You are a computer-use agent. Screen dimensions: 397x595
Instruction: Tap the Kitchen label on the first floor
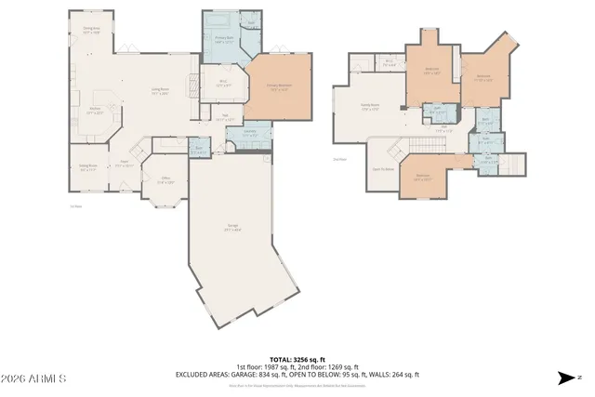click(x=95, y=111)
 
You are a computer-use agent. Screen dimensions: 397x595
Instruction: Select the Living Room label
click(x=160, y=91)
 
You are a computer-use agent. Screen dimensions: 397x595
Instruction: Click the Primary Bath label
click(x=224, y=40)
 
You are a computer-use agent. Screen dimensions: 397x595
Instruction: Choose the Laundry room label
click(x=249, y=133)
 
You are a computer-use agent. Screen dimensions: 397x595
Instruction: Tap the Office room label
click(x=165, y=180)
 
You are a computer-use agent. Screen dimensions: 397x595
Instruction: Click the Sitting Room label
click(x=89, y=168)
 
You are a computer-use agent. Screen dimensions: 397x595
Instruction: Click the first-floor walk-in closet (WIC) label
click(x=223, y=83)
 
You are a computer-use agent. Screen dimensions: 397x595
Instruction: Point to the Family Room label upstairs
click(x=369, y=106)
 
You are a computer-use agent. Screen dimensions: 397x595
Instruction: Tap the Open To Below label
click(x=383, y=169)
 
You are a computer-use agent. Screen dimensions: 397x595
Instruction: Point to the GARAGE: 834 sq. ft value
click(x=297, y=374)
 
